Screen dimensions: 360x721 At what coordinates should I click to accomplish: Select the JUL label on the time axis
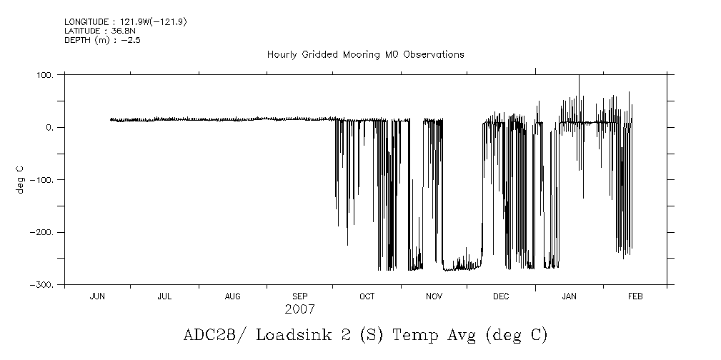click(x=164, y=296)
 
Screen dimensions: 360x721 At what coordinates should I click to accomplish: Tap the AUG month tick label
click(x=232, y=296)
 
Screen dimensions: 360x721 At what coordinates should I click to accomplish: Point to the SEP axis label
click(x=299, y=296)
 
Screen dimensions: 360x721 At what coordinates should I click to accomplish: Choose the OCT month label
click(x=367, y=296)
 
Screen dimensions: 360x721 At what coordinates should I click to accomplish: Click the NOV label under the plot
click(x=434, y=296)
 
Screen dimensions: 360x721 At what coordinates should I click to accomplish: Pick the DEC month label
click(x=501, y=296)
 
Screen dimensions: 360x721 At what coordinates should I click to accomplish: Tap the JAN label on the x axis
click(x=569, y=296)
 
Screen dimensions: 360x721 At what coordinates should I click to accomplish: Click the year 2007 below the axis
click(x=299, y=310)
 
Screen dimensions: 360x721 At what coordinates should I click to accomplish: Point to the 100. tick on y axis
click(x=46, y=75)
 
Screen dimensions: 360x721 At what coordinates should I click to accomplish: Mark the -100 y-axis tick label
click(x=44, y=180)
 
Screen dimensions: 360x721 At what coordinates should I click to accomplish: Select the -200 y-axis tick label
click(x=44, y=233)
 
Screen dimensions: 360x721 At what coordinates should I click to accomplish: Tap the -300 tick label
click(x=44, y=285)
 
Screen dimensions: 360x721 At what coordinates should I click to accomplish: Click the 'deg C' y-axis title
click(x=21, y=179)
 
